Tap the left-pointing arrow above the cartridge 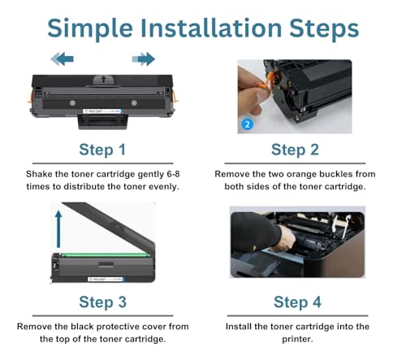click(x=63, y=59)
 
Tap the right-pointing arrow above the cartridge click(x=144, y=59)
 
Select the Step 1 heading click(x=102, y=150)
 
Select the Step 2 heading click(x=295, y=150)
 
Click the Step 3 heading click(x=103, y=302)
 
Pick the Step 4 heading click(x=297, y=302)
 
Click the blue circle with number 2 click(x=247, y=124)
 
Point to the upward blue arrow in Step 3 click(x=58, y=229)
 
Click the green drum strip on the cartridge click(x=105, y=255)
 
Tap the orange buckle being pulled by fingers click(x=266, y=80)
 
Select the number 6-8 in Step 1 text click(x=173, y=174)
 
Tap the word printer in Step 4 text click(x=297, y=339)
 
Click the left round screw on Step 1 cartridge click(x=72, y=103)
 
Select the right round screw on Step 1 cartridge click(x=134, y=103)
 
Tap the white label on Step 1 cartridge click(x=102, y=111)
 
